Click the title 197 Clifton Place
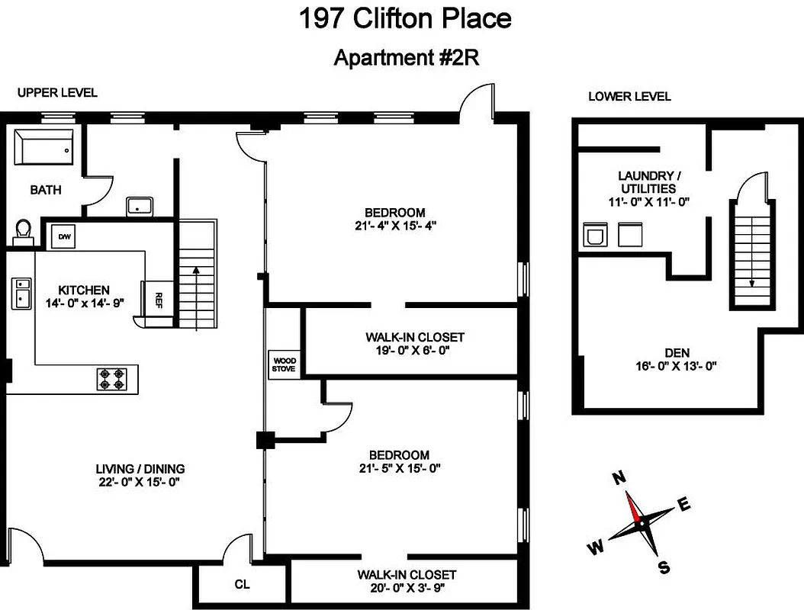click(x=405, y=19)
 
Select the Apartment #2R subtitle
click(x=406, y=58)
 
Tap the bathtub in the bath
click(x=45, y=147)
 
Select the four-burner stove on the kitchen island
click(x=111, y=379)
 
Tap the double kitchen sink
click(x=21, y=293)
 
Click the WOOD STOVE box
click(x=283, y=364)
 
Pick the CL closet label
click(x=242, y=585)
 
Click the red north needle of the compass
click(x=633, y=503)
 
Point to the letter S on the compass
click(x=664, y=567)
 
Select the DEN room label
click(x=677, y=352)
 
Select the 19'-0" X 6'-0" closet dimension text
click(x=414, y=352)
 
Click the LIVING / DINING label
click(x=140, y=469)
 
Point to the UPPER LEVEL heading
click(x=58, y=93)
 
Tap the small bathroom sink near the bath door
click(x=140, y=206)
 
